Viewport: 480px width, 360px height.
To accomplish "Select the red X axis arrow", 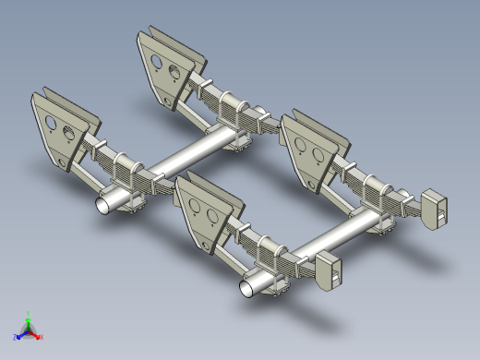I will (x=37, y=335).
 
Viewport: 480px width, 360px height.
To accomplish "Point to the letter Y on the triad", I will (x=29, y=313).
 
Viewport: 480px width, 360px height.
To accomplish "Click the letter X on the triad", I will (x=42, y=338).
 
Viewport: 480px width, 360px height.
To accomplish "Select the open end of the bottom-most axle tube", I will (x=249, y=288).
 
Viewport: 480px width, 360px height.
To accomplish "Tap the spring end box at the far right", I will (x=436, y=208).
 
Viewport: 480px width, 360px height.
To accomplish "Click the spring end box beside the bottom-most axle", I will (x=330, y=272).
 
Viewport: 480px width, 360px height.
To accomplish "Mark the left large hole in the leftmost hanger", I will (x=51, y=121).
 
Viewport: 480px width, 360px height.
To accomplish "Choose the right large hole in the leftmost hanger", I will (x=67, y=130).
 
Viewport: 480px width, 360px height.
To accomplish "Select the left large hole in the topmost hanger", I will (x=156, y=62).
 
